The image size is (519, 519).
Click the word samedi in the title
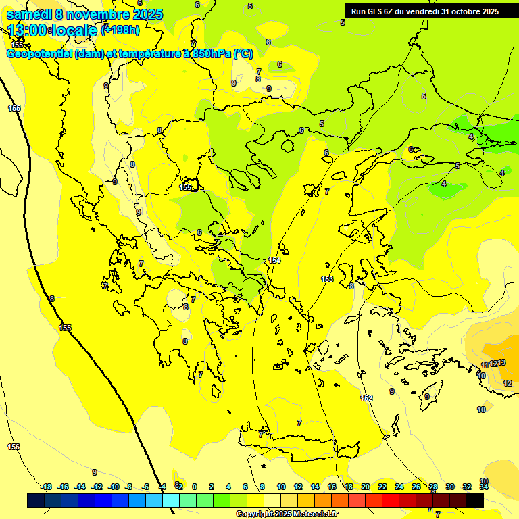[30, 14]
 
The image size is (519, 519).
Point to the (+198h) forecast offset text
[120, 30]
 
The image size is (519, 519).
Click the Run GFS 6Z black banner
[424, 11]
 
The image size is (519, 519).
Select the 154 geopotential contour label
[274, 260]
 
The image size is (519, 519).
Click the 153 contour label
[327, 279]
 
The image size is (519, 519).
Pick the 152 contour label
[366, 398]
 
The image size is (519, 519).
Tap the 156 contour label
[14, 447]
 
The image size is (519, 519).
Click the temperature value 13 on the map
[501, 363]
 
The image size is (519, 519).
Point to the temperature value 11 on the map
[485, 365]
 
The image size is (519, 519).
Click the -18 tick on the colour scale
[47, 487]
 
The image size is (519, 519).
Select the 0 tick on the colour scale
[195, 487]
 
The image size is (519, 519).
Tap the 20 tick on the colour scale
[366, 487]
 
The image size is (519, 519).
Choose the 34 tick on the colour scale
[484, 487]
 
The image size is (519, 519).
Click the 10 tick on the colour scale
[280, 487]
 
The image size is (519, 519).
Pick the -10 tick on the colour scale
[114, 487]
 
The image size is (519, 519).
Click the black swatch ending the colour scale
[475, 500]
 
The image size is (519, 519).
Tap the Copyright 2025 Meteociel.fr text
[287, 514]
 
